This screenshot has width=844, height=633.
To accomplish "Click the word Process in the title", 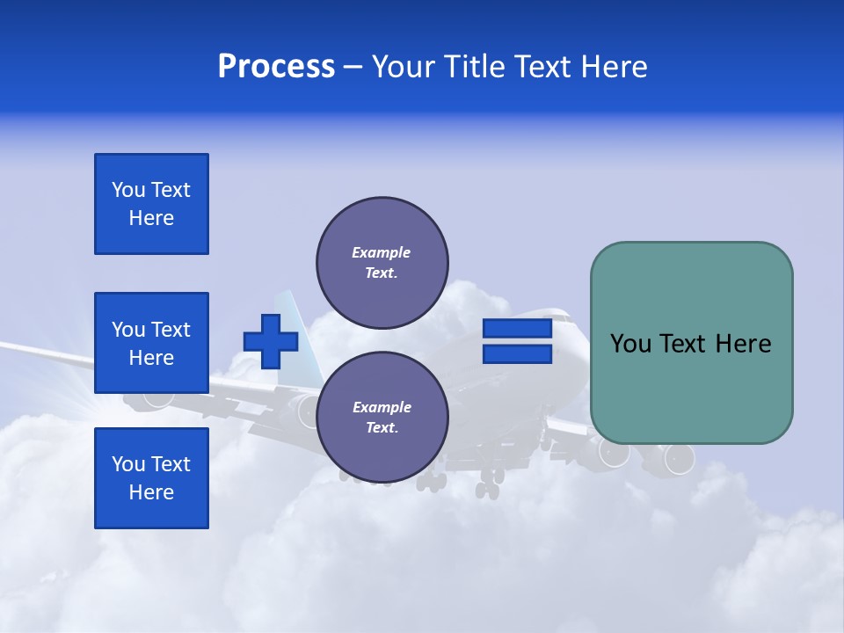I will pos(276,67).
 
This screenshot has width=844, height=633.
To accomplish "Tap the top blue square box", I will pos(151,204).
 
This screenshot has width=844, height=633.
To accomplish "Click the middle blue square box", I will pos(151,343).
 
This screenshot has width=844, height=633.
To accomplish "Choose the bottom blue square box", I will pos(151,478).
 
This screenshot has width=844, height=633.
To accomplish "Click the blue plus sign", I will pos(270,341).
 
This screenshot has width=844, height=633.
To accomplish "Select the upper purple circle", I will pos(382,262).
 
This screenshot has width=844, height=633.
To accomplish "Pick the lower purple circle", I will pos(382,417).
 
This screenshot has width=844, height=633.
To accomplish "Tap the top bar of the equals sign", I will pos(517,329).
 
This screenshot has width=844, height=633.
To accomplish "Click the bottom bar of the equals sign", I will pos(517,354).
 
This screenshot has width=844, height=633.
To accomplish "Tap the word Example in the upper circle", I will pos(381,252).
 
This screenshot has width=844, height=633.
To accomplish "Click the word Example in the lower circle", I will pos(381,407).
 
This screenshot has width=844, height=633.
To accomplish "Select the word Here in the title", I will pos(614,67).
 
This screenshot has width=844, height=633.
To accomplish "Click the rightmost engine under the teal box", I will pos(678,457).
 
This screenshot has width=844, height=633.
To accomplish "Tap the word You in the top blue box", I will pos(127,190).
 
